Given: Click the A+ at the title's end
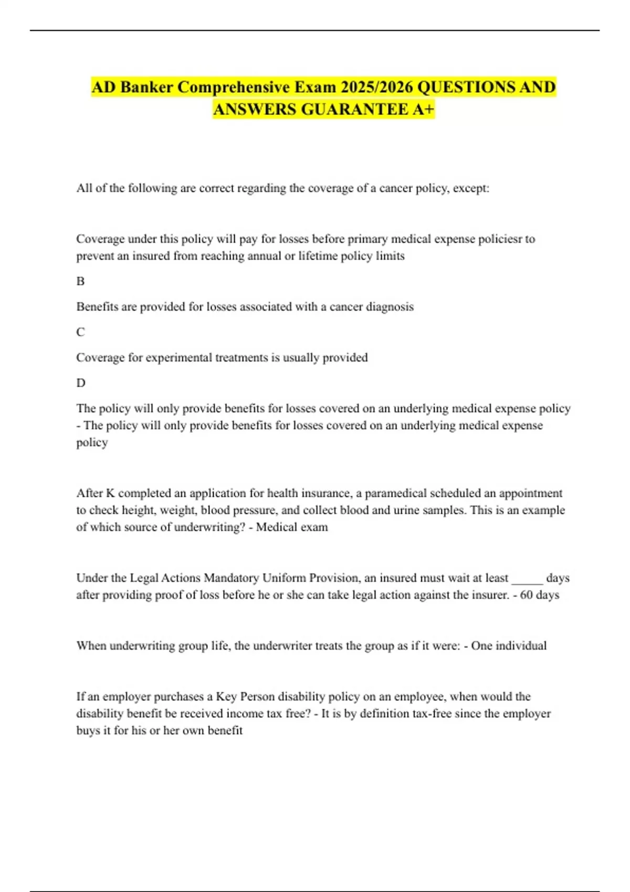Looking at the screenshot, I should [424, 109].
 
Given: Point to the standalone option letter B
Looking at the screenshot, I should [80, 281].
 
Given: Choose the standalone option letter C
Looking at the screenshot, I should [80, 332].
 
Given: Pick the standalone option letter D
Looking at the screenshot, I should [81, 383].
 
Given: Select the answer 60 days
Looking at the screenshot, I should [539, 595].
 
